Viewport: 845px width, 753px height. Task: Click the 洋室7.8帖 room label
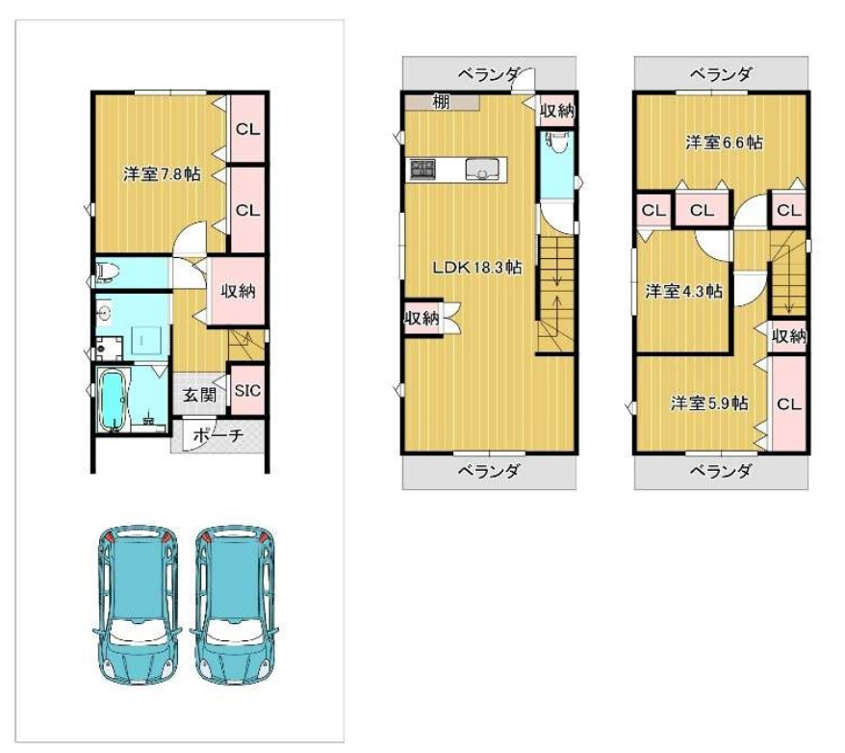pos(162,174)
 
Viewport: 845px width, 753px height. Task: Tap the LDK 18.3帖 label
pos(477,267)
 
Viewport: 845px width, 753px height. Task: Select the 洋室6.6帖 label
pos(724,143)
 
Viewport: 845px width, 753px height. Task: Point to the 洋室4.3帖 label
pos(684,292)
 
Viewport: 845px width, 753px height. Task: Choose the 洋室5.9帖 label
pos(708,403)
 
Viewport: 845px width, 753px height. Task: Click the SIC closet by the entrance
pos(248,390)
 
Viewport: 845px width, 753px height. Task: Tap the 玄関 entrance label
pos(200,395)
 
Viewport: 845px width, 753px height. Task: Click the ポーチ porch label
pos(218,435)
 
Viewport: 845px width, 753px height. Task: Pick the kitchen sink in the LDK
pos(482,169)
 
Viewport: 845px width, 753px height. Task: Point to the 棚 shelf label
pos(441,101)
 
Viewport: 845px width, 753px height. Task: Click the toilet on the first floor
pos(107,272)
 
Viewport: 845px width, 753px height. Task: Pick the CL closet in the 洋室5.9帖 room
pos(789,403)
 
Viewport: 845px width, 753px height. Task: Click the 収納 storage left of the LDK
pos(422,318)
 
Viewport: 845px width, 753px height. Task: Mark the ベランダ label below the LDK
pos(489,472)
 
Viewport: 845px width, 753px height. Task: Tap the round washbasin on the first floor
pos(105,311)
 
